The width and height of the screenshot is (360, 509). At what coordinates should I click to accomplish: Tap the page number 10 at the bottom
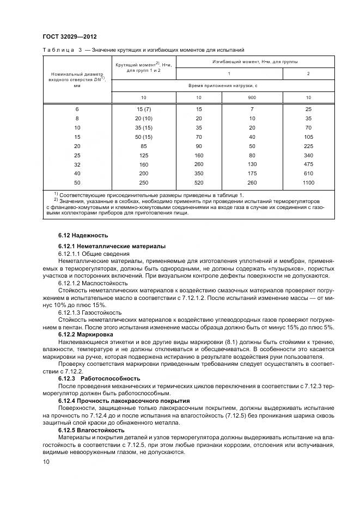point(46,462)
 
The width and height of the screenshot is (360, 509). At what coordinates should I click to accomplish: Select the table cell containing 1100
point(308,183)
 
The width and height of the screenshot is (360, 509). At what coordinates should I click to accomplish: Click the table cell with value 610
point(308,174)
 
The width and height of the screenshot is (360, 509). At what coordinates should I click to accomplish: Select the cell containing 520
point(199,183)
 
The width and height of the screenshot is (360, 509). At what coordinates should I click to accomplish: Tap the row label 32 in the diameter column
point(77,164)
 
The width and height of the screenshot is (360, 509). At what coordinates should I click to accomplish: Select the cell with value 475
point(308,164)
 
